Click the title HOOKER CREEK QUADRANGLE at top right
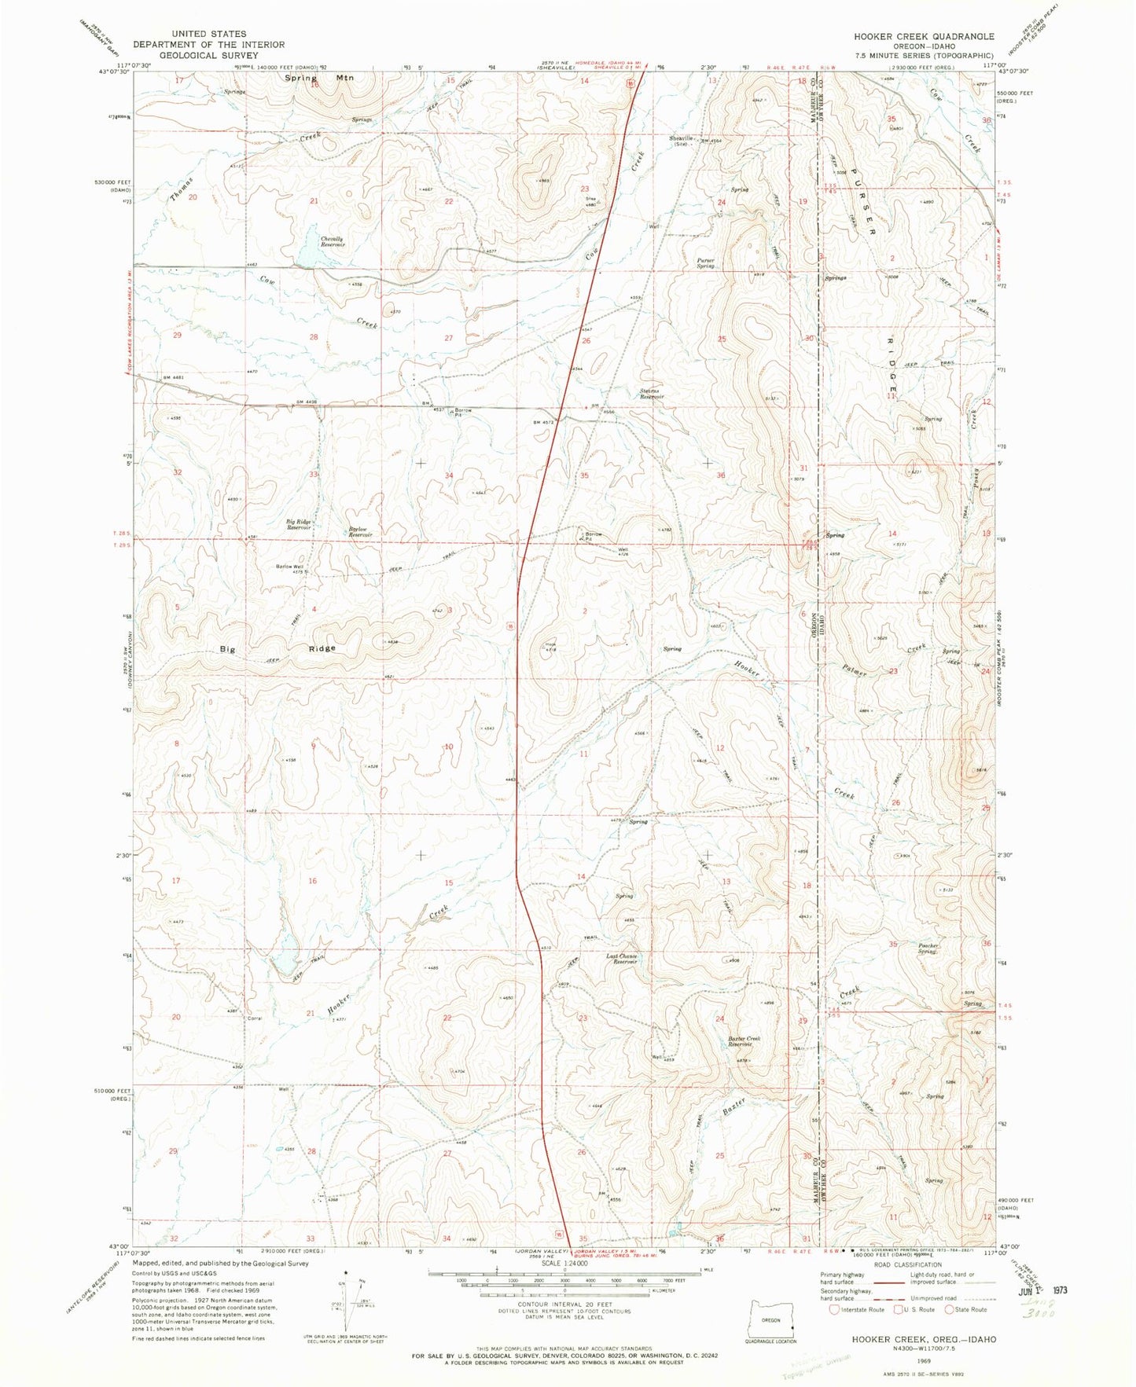925,36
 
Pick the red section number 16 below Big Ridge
312,881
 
